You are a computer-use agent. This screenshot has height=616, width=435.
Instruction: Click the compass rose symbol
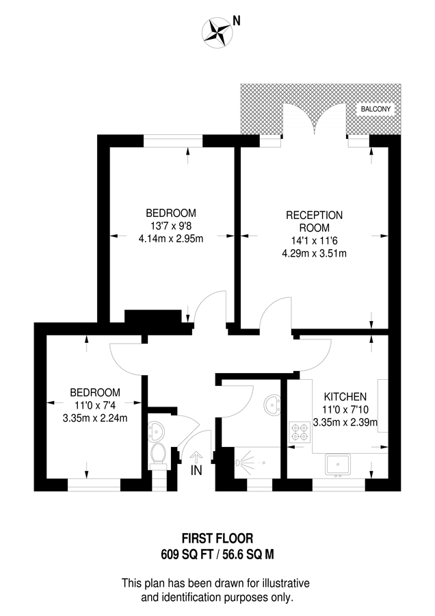[217, 29]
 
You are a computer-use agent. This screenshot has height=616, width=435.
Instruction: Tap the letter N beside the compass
[237, 21]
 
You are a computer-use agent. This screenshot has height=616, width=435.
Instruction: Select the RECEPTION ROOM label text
[314, 221]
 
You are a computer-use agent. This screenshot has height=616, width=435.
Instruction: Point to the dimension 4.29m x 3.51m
[314, 253]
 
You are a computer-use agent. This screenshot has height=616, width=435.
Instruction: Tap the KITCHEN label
[345, 396]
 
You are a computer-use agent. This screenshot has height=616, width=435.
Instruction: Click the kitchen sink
[339, 465]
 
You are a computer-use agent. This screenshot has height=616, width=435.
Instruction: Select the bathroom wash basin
[274, 405]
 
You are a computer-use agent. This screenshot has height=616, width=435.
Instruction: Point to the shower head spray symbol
[243, 463]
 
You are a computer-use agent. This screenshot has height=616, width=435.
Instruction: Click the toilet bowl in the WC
[158, 453]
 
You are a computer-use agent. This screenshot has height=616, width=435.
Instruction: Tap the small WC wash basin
[155, 431]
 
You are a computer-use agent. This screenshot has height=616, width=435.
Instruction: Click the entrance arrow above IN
[197, 456]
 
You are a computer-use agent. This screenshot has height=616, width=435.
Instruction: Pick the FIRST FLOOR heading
[217, 539]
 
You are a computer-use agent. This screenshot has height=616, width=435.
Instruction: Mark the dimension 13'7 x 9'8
[171, 225]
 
